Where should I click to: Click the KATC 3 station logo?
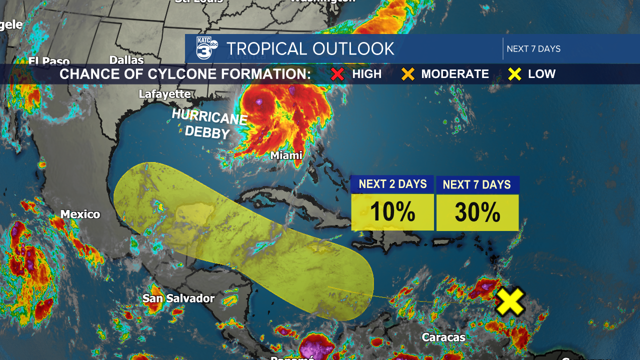pyautogui.click(x=206, y=48)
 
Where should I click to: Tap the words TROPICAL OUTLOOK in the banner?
pyautogui.click(x=310, y=49)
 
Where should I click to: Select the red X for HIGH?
pyautogui.click(x=338, y=74)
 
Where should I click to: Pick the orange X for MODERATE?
pyautogui.click(x=408, y=74)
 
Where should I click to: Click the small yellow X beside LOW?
pyautogui.click(x=515, y=74)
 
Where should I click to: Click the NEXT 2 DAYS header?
pyautogui.click(x=392, y=184)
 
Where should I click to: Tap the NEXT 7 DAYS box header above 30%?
pyautogui.click(x=477, y=184)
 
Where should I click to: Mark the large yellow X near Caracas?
pyautogui.click(x=510, y=301)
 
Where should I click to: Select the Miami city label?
pyautogui.click(x=286, y=155)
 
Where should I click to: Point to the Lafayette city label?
pyautogui.click(x=164, y=94)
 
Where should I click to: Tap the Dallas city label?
pyautogui.click(x=126, y=60)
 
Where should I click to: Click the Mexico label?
pyautogui.click(x=80, y=214)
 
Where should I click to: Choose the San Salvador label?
pyautogui.click(x=178, y=298)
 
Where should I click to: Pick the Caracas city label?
pyautogui.click(x=443, y=337)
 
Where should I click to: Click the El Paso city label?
pyautogui.click(x=49, y=61)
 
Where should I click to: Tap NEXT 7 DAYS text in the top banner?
pyautogui.click(x=533, y=49)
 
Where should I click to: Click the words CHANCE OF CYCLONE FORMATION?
pyautogui.click(x=185, y=74)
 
